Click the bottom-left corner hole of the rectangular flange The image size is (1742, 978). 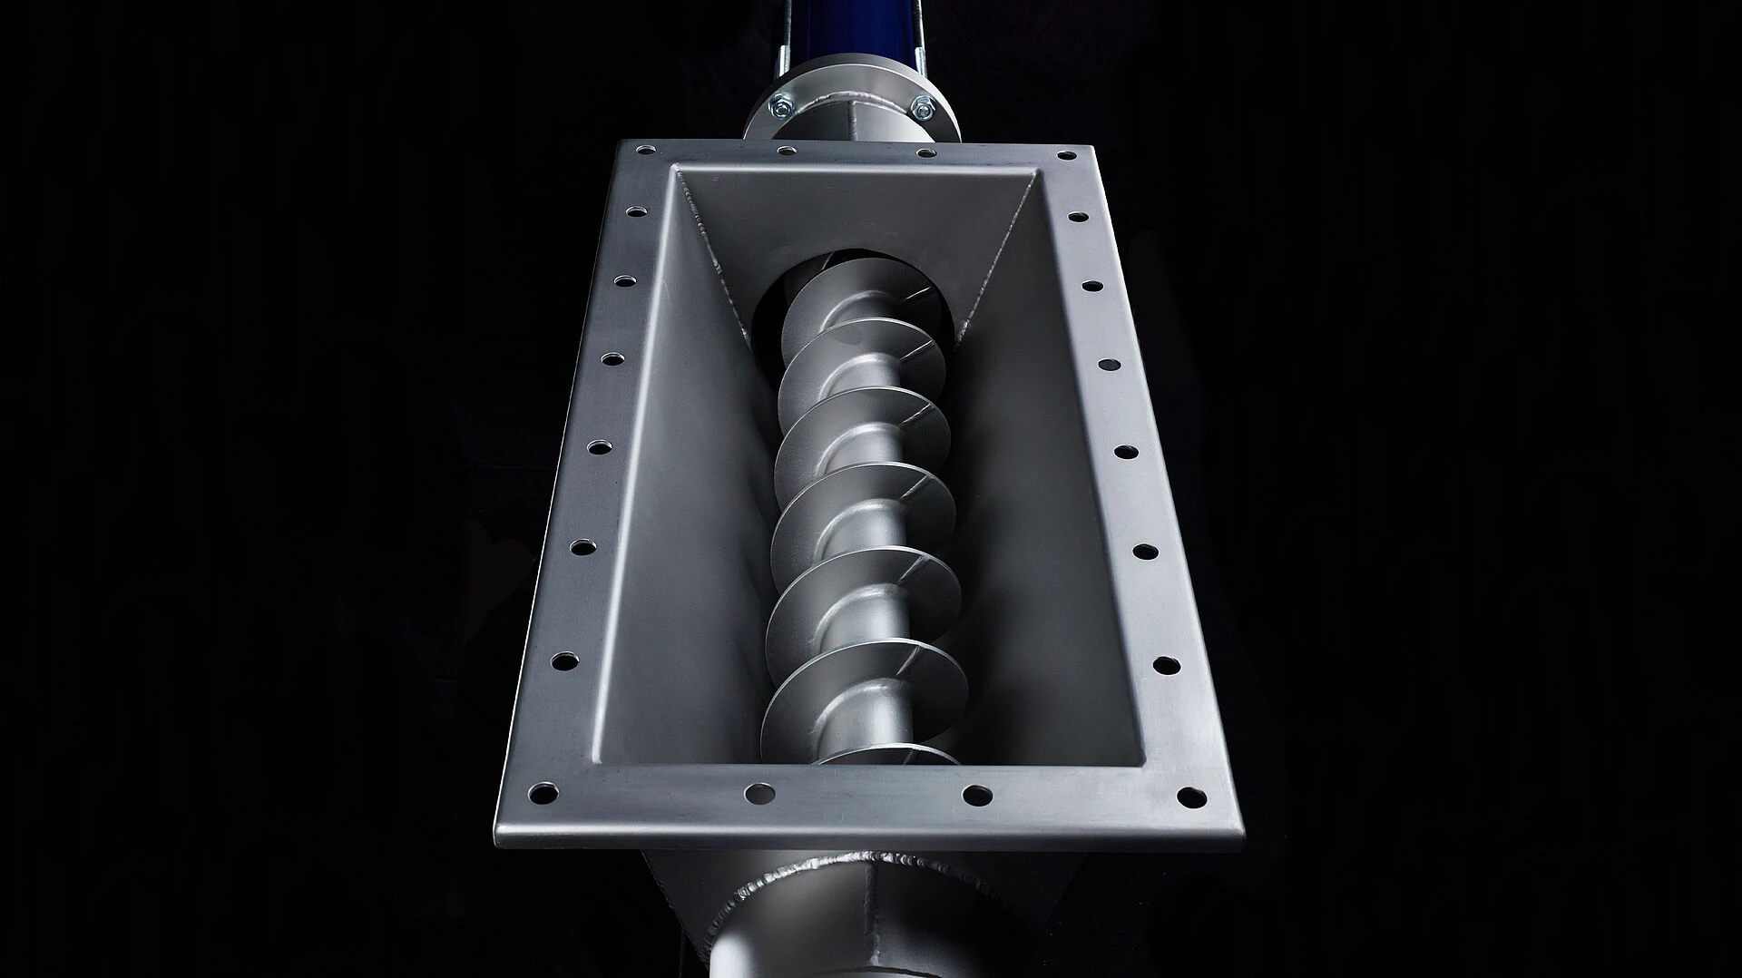pyautogui.click(x=543, y=793)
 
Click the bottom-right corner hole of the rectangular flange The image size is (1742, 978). pyautogui.click(x=1191, y=797)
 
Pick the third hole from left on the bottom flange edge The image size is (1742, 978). pyautogui.click(x=976, y=796)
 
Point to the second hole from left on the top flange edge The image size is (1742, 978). pyautogui.click(x=782, y=148)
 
